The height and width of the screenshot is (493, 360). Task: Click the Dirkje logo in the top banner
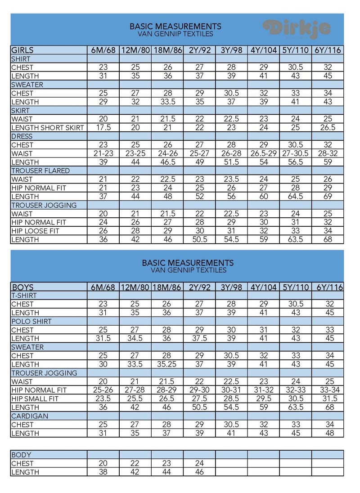pyautogui.click(x=297, y=28)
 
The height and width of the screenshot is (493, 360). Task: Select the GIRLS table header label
pyautogui.click(x=22, y=50)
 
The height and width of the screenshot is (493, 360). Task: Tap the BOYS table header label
pyautogui.click(x=22, y=287)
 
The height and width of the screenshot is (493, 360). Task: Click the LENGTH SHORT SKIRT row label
pyautogui.click(x=48, y=128)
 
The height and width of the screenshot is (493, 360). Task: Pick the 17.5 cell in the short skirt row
pyautogui.click(x=103, y=128)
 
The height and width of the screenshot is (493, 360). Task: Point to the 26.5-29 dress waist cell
pyautogui.click(x=263, y=153)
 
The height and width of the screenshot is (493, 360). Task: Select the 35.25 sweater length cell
pyautogui.click(x=167, y=364)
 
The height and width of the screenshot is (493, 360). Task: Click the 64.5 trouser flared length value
pyautogui.click(x=295, y=197)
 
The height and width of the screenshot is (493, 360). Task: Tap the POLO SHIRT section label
pyautogui.click(x=31, y=322)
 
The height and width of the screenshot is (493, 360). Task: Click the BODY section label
pyautogui.click(x=21, y=455)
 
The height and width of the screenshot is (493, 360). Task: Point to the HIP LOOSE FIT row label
pyautogui.click(x=36, y=231)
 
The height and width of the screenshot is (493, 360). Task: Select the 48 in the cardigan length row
pyautogui.click(x=328, y=433)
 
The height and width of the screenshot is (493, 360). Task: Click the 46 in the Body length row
pyautogui.click(x=199, y=472)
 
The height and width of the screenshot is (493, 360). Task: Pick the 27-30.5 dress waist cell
pyautogui.click(x=295, y=153)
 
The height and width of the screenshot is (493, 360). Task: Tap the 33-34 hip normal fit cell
pyautogui.click(x=328, y=390)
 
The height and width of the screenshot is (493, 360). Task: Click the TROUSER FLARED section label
pyautogui.click(x=40, y=171)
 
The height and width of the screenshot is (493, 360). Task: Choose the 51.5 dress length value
pyautogui.click(x=231, y=162)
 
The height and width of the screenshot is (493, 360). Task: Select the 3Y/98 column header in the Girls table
pyautogui.click(x=231, y=50)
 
